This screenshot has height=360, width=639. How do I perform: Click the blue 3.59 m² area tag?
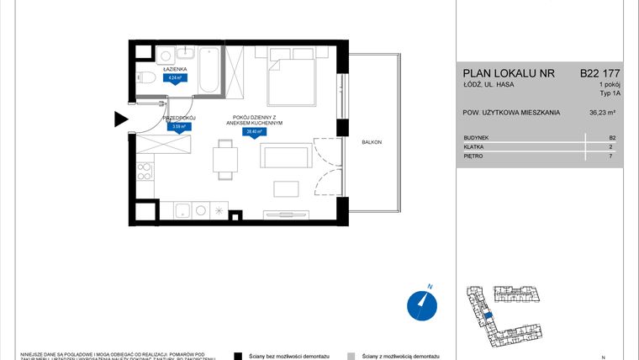point(177,128)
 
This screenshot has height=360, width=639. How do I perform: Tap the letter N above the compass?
point(429,287)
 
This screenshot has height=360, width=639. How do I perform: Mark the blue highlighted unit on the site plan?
point(488,315)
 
